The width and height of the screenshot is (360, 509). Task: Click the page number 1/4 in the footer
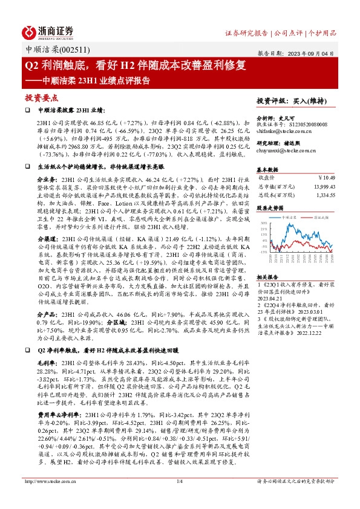pos(180,497)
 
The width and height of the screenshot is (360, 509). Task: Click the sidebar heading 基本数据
pos(267,169)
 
